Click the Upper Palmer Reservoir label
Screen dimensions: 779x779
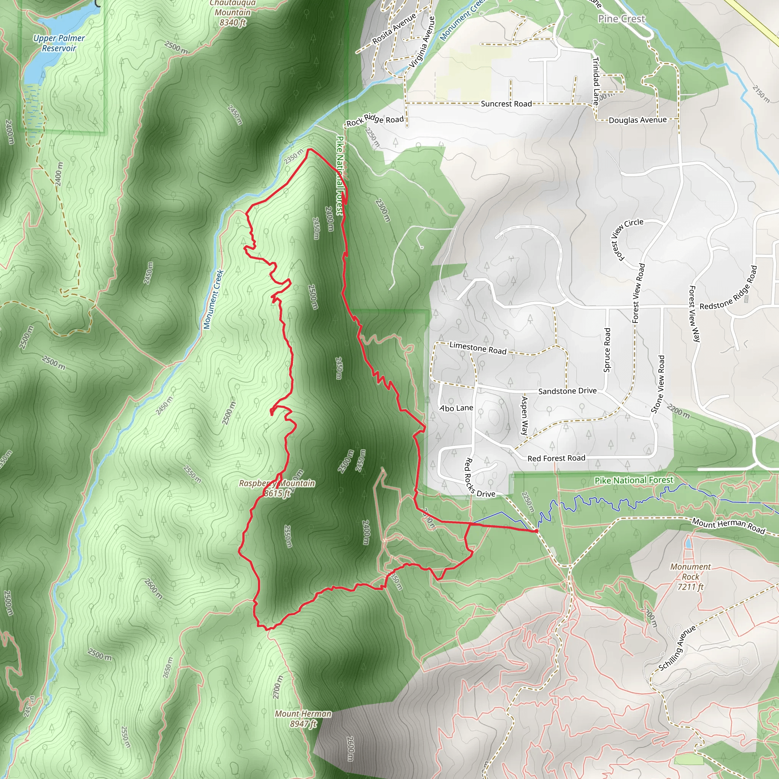click(59, 43)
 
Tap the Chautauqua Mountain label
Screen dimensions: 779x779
click(232, 13)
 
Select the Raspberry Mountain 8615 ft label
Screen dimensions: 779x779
click(277, 488)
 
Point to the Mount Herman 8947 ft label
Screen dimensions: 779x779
click(303, 719)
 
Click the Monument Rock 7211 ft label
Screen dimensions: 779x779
click(690, 577)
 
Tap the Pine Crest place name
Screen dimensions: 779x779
click(622, 19)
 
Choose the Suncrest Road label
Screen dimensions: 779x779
click(506, 103)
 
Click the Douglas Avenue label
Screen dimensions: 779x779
click(638, 120)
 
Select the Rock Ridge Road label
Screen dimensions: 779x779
click(375, 120)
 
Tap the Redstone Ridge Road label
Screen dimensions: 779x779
click(728, 289)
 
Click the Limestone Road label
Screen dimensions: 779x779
click(478, 348)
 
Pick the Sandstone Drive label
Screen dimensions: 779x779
click(567, 391)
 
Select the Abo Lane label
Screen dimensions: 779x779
click(456, 408)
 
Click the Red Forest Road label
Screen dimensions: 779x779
click(556, 458)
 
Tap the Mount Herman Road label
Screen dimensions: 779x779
click(728, 526)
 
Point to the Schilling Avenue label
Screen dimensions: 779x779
click(677, 647)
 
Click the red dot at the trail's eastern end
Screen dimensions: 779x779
click(536, 531)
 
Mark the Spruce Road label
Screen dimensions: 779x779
click(607, 350)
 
